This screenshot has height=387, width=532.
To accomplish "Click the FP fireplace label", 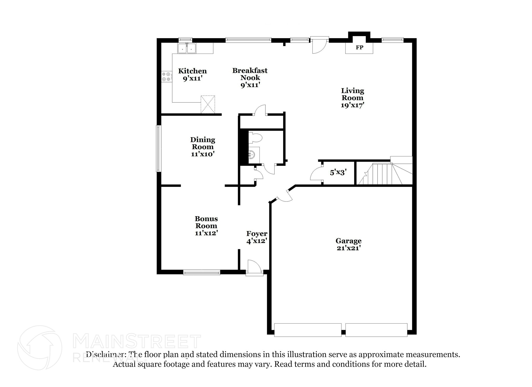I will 359,48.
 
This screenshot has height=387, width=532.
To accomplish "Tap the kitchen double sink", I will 187,48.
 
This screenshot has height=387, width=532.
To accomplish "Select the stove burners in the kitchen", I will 166,76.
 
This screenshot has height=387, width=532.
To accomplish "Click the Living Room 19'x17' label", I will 352,98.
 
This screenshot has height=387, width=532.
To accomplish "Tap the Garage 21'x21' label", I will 348,244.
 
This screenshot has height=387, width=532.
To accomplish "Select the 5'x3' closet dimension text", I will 338,172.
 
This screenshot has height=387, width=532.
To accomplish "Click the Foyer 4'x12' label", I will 257,237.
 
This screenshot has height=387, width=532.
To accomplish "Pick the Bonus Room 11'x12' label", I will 206,226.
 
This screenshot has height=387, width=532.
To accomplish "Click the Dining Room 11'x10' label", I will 203,147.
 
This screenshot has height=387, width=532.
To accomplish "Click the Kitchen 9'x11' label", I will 192,75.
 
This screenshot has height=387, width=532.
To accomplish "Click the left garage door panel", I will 308,330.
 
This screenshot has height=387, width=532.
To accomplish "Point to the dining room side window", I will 158,148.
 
